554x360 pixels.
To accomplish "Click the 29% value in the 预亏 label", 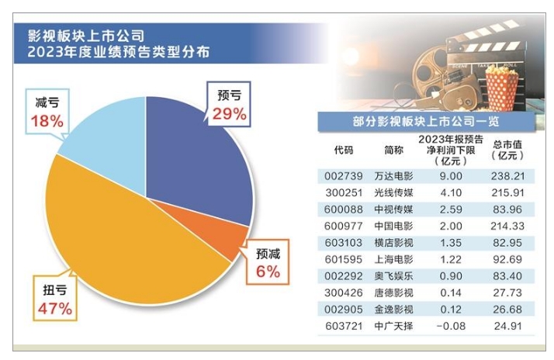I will (229, 114).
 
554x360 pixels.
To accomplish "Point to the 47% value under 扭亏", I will (54, 309).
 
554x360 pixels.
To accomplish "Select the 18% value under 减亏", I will (47, 120).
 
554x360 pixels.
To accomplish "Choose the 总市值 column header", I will (504, 144).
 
